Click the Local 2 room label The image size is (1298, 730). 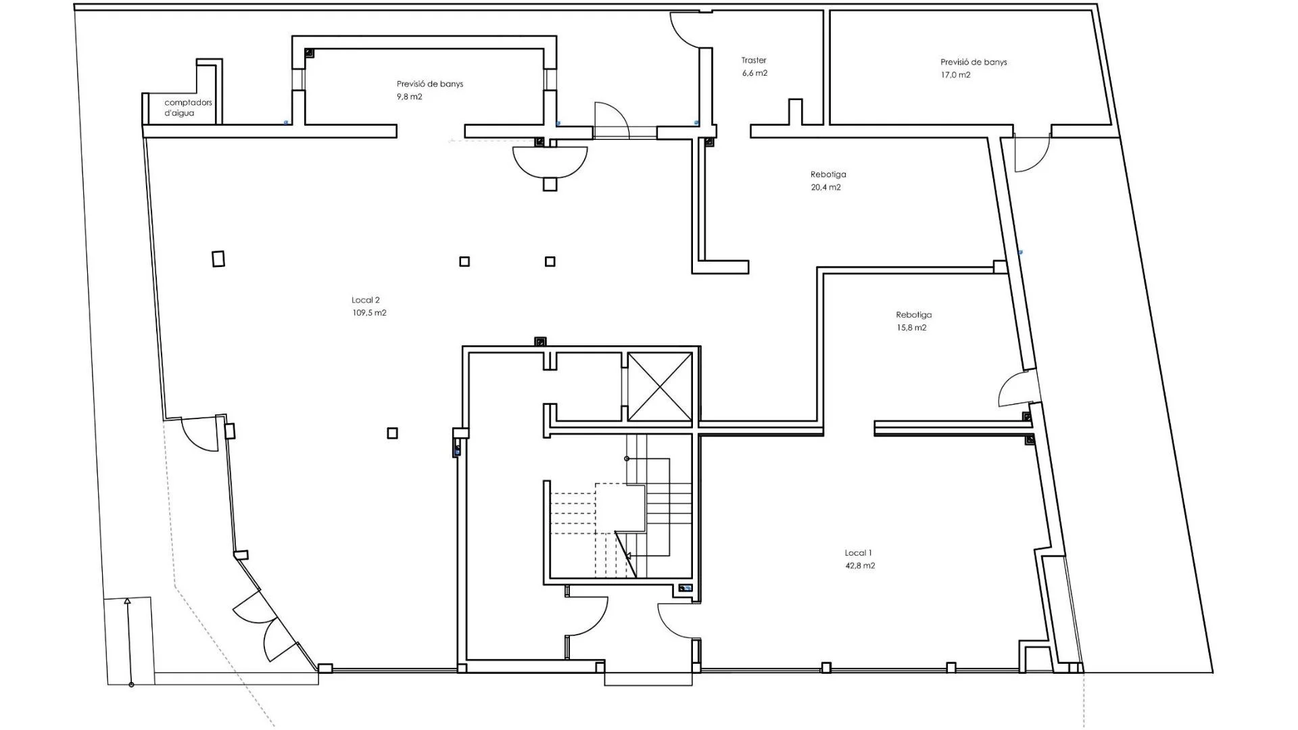click(366, 300)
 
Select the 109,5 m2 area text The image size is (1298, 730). click(370, 313)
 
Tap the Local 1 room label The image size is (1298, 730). click(859, 553)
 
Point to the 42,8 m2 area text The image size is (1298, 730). click(860, 566)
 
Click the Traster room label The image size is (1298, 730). click(754, 60)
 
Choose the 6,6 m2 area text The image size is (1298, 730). click(754, 73)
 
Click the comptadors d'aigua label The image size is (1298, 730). click(188, 107)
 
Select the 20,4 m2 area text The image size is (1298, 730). click(825, 187)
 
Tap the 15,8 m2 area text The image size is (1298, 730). click(911, 328)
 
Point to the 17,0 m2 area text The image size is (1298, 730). click(955, 75)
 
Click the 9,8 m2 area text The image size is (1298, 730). click(410, 97)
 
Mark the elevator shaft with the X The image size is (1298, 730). click(660, 387)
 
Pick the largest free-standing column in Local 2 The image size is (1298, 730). click(218, 259)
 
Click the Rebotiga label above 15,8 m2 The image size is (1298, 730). click(913, 315)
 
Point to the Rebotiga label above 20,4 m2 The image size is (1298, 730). click(828, 174)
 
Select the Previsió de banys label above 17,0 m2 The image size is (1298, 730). click(973, 62)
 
